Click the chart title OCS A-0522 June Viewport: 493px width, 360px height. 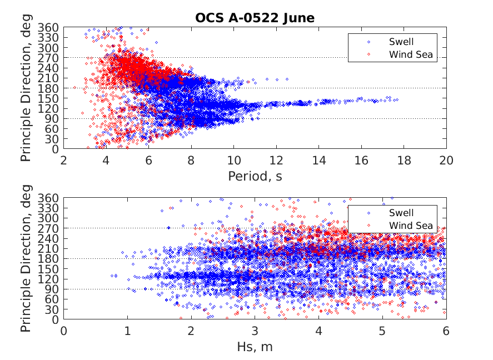255,18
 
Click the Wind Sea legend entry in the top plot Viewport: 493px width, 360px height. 410,54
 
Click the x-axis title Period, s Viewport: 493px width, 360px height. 255,176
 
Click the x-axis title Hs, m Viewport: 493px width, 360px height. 255,347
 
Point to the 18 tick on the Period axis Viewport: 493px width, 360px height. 404,160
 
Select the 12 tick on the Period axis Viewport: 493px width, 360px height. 276,160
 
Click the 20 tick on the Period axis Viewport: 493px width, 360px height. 446,160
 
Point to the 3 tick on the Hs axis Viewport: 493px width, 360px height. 255,331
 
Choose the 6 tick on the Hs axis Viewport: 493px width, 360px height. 446,331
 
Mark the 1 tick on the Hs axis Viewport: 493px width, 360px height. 127,331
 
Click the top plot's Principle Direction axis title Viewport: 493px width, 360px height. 27,88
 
